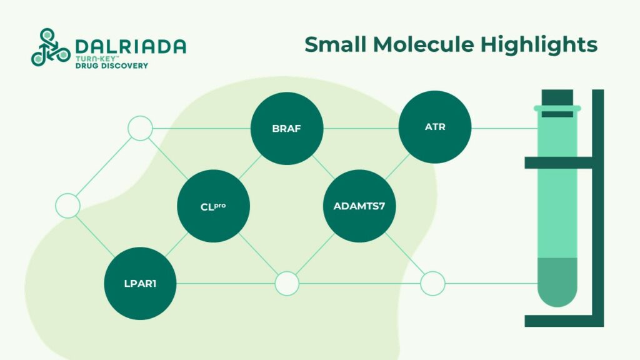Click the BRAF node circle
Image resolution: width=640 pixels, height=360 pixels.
click(x=287, y=129)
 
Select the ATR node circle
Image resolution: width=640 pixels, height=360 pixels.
click(x=435, y=127)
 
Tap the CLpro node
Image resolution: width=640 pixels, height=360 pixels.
click(x=214, y=206)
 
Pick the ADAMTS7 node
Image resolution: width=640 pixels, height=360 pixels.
click(x=360, y=206)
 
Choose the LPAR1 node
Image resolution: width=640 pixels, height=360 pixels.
click(x=140, y=284)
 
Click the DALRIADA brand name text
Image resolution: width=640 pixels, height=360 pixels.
click(x=130, y=46)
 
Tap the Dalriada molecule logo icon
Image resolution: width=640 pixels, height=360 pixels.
click(x=49, y=47)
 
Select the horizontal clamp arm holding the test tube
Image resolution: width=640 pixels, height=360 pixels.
click(x=562, y=163)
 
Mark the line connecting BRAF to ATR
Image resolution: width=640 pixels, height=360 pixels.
click(x=361, y=129)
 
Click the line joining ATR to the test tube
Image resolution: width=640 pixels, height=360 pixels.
click(x=503, y=129)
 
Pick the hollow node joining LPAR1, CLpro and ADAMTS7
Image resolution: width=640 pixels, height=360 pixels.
click(x=287, y=284)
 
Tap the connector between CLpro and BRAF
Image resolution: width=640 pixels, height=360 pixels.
click(x=250, y=167)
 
